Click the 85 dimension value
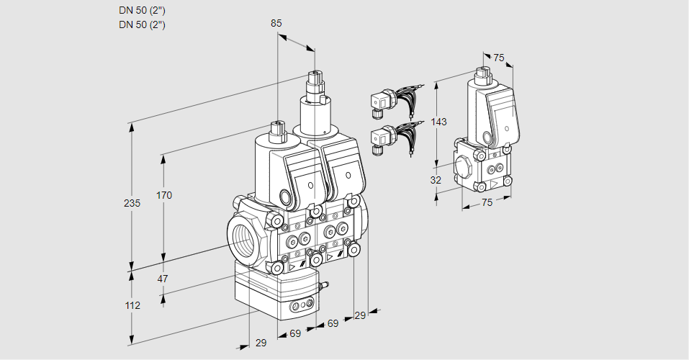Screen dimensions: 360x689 tap(276, 24)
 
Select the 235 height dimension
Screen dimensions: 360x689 tap(132, 204)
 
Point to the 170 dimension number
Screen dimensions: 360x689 tap(164, 195)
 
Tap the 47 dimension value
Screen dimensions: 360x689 tap(163, 279)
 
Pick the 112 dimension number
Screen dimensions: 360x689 tap(132, 305)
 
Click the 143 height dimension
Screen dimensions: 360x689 tap(439, 122)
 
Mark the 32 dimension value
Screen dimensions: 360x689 tap(436, 180)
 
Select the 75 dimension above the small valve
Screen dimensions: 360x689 tap(498, 58)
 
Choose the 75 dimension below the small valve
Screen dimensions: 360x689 tap(487, 203)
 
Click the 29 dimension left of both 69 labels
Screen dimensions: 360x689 tap(261, 343)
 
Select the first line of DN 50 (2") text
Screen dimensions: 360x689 tap(142, 11)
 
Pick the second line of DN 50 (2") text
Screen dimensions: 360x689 tap(142, 24)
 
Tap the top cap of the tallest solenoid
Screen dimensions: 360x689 tap(314, 76)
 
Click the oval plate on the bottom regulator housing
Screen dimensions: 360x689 tap(302, 308)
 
